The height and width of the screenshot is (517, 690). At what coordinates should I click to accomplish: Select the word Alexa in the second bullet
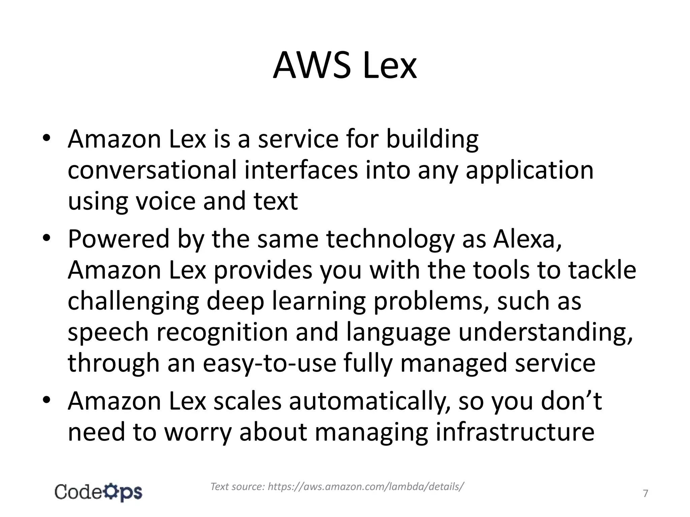coord(527,239)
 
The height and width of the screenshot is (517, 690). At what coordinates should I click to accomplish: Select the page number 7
coord(645,494)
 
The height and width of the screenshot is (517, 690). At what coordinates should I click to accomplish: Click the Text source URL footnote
coord(337,486)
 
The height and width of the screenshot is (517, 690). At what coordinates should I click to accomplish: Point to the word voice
coord(165,201)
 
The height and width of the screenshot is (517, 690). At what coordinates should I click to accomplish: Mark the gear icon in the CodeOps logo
coord(109,492)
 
